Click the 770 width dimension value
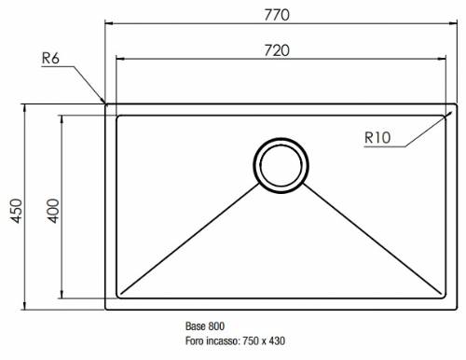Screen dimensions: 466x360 [277, 15]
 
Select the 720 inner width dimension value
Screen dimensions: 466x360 [277, 50]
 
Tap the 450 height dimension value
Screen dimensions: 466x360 [17, 211]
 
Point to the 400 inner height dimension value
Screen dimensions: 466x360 [53, 211]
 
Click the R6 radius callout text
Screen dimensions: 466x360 [50, 58]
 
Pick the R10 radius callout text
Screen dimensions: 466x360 [377, 138]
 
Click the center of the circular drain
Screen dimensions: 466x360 [281, 165]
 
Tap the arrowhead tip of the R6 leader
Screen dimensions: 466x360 [105, 103]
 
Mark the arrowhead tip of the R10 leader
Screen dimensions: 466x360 [451, 112]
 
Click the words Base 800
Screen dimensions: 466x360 [205, 326]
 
